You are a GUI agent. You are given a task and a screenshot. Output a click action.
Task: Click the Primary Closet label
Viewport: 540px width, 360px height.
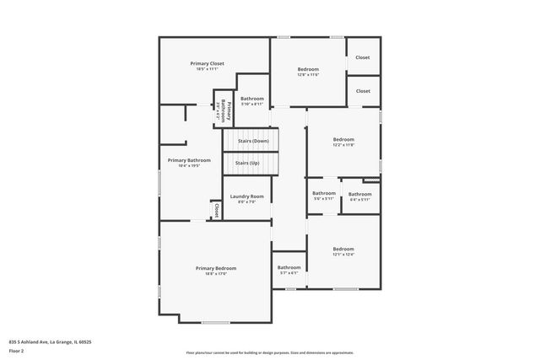point(206,63)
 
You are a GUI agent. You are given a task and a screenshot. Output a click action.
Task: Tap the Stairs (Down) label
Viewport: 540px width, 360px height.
point(252,141)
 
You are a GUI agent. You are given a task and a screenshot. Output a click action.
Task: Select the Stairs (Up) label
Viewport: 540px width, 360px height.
point(247,162)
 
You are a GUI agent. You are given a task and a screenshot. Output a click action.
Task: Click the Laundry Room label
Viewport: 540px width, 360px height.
point(246,196)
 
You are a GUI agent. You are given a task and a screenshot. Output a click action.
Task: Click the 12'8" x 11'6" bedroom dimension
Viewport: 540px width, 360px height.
point(308,75)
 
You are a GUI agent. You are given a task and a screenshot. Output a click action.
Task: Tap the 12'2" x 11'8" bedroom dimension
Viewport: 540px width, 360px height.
point(343,145)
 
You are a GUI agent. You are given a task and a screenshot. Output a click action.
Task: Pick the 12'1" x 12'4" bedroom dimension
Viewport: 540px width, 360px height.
point(343,255)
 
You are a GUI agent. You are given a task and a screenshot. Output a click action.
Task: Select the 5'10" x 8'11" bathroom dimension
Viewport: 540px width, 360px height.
point(252,105)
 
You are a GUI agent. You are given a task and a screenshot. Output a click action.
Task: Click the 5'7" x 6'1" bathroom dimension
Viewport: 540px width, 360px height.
point(289,273)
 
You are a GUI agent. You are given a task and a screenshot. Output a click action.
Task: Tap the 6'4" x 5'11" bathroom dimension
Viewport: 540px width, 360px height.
point(360,200)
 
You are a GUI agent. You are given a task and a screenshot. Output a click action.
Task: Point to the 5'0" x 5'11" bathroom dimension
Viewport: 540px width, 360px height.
point(324,200)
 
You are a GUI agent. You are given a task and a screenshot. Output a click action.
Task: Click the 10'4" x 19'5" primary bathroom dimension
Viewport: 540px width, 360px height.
point(189,166)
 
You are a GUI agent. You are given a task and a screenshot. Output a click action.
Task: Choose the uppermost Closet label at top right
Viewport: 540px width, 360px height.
point(363,57)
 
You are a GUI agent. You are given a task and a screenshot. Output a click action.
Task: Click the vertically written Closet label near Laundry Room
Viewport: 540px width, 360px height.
point(216,209)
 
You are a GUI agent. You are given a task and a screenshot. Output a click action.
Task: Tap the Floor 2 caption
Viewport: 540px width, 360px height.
point(16,350)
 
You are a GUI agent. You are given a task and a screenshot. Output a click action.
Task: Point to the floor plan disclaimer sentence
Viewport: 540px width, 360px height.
point(269,352)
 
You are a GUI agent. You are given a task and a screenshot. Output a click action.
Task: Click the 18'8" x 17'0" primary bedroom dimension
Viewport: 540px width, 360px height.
point(216,274)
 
